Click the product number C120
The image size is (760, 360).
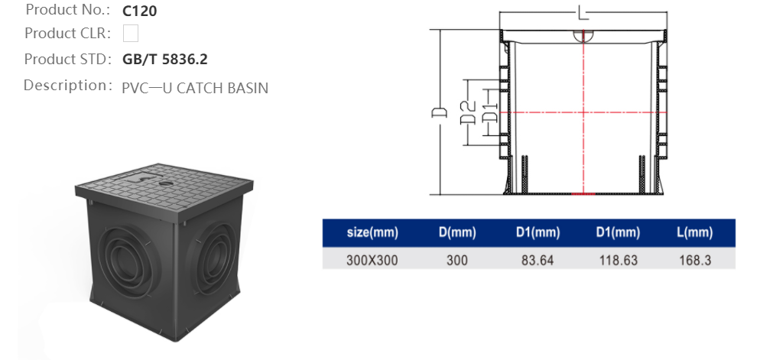coord(141,11)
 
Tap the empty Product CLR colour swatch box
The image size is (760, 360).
coord(131,34)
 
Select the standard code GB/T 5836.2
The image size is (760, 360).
coord(164,59)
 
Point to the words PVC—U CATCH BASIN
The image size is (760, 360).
coord(195,87)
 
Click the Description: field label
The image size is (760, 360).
coord(68,85)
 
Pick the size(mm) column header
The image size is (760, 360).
coord(372,232)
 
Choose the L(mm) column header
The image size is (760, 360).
coord(694,232)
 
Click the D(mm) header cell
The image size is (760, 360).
coord(457,232)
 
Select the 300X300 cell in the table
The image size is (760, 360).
coord(372,260)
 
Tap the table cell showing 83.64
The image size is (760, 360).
coord(538,260)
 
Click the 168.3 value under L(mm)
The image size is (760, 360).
coord(694,260)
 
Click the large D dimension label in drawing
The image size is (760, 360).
coord(440,113)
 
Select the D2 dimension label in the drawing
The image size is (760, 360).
coord(468,113)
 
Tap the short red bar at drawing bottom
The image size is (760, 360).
coord(583,193)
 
